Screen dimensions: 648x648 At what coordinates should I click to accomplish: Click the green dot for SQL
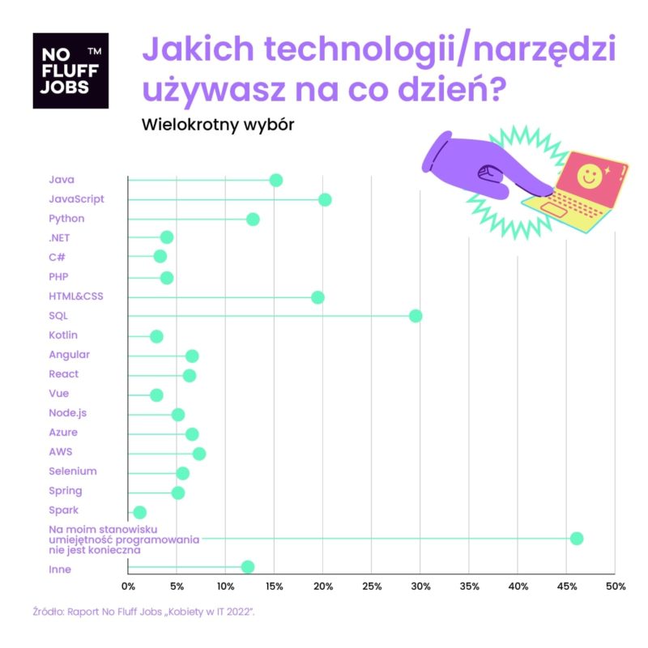pos(416,316)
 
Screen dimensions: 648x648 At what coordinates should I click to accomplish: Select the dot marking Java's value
pos(275,180)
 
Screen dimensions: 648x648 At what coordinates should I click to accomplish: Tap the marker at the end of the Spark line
pos(139,512)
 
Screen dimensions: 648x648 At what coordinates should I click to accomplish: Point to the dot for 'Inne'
pos(248,567)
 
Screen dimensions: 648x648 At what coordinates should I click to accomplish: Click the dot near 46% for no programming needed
pos(577,539)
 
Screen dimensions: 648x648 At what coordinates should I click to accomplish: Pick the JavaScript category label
pos(76,199)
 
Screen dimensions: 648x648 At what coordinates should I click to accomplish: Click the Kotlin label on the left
pos(63,335)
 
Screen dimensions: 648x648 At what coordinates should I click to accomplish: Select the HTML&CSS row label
pos(76,296)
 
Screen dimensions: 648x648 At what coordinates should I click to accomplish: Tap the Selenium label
pos(73,471)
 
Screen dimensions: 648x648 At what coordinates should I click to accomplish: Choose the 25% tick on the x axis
pos(372,586)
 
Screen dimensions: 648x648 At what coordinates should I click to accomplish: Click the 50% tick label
pos(616,586)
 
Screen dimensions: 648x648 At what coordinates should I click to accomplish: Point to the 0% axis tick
pos(128,586)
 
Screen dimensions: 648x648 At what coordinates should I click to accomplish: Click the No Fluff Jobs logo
pos(70,70)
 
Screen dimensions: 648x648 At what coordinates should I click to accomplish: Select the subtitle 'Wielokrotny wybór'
pos(216,125)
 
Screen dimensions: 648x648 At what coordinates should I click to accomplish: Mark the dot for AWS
pos(198,454)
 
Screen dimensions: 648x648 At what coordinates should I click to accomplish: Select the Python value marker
pos(253,219)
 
